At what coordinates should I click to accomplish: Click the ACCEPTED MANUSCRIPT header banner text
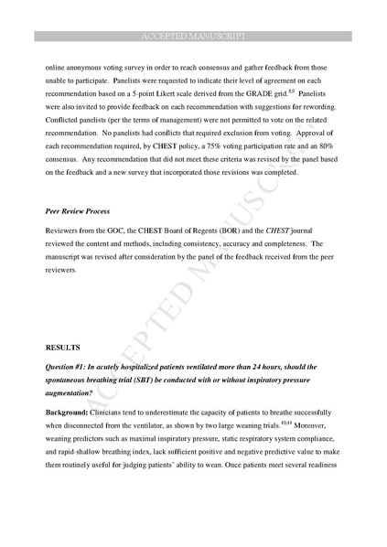193,36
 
